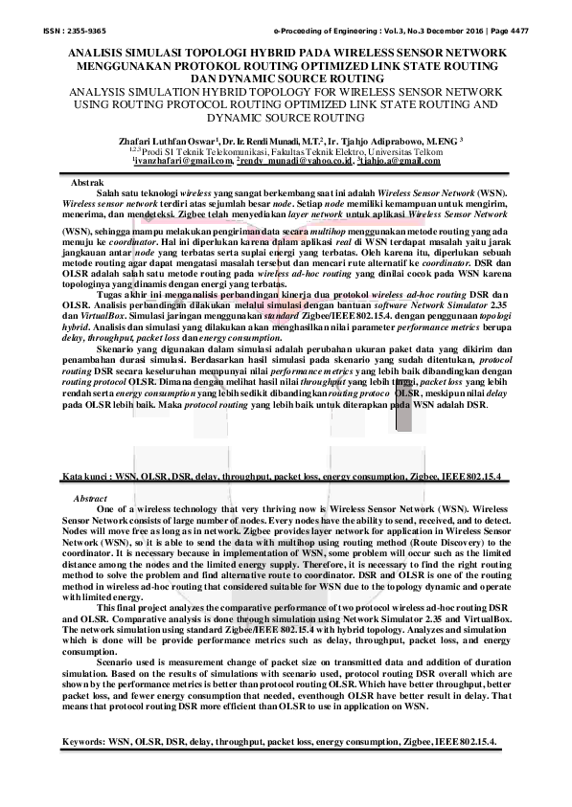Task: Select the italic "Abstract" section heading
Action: click(90, 499)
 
